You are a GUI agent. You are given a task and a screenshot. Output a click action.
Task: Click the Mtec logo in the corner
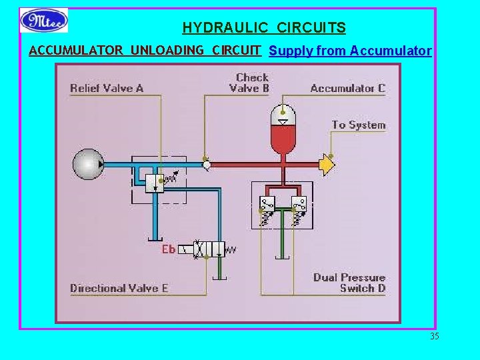click(x=44, y=20)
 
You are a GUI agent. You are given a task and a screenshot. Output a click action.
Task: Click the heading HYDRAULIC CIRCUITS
click(x=264, y=28)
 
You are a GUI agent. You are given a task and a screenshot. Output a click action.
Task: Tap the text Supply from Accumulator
click(x=350, y=51)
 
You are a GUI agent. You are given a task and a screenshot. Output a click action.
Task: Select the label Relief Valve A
click(x=107, y=88)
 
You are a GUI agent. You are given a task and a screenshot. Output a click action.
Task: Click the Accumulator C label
click(x=347, y=88)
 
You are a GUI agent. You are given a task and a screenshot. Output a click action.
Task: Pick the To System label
click(x=359, y=125)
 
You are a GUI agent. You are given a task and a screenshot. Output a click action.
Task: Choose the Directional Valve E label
click(x=119, y=288)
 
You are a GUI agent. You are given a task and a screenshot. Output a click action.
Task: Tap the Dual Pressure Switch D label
click(x=349, y=283)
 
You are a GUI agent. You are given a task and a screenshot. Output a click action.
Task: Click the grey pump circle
click(x=88, y=164)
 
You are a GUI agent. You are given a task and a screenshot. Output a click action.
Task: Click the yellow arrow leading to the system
click(x=326, y=164)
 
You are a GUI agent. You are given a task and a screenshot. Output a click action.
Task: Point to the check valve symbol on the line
click(x=207, y=164)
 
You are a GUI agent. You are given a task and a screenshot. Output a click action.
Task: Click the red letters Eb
click(x=169, y=249)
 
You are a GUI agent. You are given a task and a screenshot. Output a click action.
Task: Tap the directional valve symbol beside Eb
click(x=209, y=249)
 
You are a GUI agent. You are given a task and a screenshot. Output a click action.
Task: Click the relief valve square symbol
click(x=156, y=182)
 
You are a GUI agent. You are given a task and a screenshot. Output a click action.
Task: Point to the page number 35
click(x=435, y=336)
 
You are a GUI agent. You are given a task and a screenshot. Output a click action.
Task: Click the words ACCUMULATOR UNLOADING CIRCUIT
click(x=145, y=50)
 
